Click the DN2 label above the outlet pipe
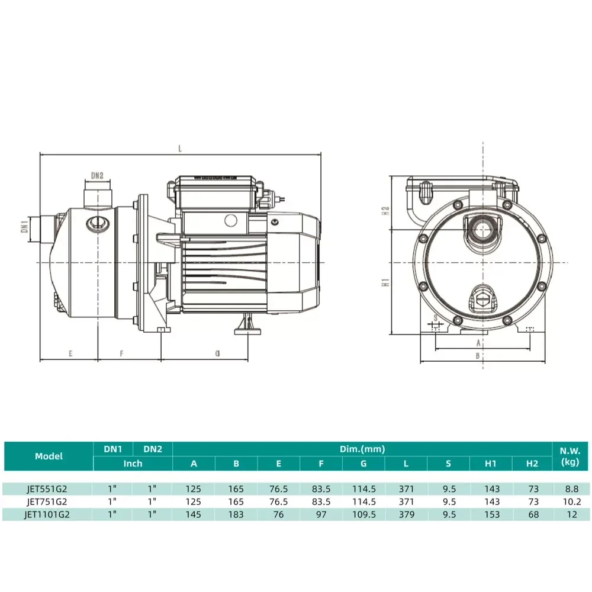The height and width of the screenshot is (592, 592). point(97,176)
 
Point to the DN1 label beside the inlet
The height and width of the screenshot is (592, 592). point(25,227)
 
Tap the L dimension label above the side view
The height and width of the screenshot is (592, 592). point(180,149)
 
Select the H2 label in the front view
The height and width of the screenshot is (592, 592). point(385,211)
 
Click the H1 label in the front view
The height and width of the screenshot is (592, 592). point(385,282)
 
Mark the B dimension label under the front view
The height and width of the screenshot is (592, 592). point(478,356)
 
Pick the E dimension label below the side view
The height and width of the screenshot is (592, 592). point(70,353)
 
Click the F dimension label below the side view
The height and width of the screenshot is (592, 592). point(121,353)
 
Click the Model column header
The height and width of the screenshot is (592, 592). point(49,456)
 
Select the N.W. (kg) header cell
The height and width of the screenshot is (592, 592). point(570,456)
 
